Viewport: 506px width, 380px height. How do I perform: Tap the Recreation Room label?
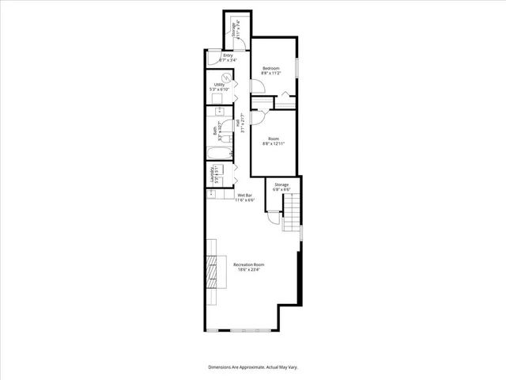[x=248, y=264]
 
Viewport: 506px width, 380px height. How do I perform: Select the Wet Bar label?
[x=244, y=196]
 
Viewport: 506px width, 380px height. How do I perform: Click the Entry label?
[x=227, y=55]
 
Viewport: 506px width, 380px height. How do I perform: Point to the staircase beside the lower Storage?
[x=293, y=211]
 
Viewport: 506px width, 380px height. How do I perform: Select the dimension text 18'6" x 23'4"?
[x=248, y=269]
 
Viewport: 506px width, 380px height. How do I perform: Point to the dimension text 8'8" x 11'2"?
[x=271, y=74]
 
